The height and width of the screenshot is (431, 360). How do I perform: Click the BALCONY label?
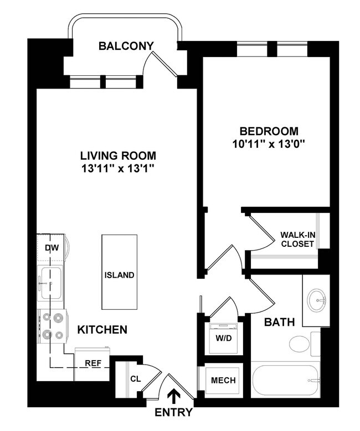126,46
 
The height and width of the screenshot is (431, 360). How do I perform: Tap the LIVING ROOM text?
117,155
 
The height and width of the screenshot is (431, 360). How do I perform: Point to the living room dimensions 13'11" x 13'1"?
117,168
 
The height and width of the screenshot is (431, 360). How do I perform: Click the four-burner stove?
52,326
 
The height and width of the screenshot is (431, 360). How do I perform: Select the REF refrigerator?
92,364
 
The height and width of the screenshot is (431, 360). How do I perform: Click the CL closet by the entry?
135,379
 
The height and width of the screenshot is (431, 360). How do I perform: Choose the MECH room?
223,381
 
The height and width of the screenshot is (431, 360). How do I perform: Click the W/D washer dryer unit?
223,338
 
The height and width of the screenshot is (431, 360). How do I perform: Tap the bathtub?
287,381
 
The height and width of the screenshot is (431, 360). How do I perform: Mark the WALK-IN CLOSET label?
297,239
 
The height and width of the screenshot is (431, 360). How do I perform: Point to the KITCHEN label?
102,330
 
